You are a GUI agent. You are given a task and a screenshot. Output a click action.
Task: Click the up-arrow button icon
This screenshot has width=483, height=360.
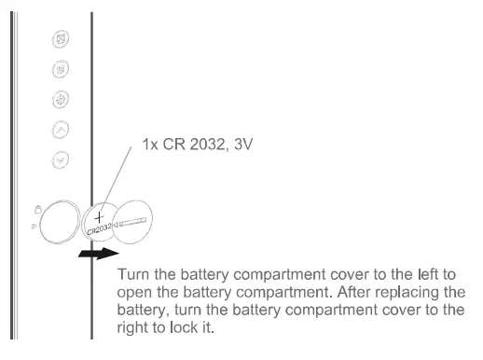(x=61, y=130)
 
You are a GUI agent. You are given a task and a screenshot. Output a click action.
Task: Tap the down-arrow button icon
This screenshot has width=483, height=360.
(x=61, y=159)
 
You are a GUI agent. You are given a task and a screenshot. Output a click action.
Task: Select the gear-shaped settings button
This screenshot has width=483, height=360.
(x=61, y=100)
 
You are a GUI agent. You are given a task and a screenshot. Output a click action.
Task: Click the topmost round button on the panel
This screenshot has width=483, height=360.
(x=61, y=40)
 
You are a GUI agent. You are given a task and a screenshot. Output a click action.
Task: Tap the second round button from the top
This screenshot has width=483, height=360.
(x=61, y=70)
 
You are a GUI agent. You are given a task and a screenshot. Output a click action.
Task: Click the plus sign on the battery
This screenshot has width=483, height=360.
(x=97, y=215)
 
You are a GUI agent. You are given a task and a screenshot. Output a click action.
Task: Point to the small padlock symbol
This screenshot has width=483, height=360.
(x=36, y=209)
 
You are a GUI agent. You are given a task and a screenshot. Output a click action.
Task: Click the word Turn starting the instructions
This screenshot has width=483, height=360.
(x=135, y=276)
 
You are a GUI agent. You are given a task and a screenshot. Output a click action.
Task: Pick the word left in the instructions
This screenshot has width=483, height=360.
(x=417, y=276)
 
